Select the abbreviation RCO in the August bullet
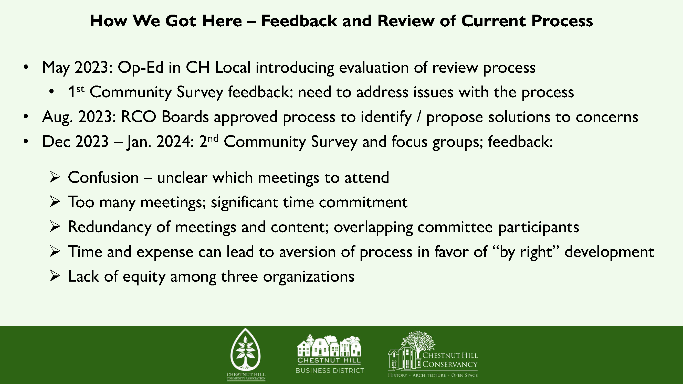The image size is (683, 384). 138,117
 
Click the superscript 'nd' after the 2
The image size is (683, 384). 213,138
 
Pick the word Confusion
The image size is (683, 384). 103,177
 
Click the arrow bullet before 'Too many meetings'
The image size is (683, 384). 55,202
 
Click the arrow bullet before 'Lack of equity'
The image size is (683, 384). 55,276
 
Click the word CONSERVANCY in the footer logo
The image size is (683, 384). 450,364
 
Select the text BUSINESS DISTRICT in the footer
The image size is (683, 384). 330,370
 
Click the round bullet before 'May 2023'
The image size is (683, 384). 26,67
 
